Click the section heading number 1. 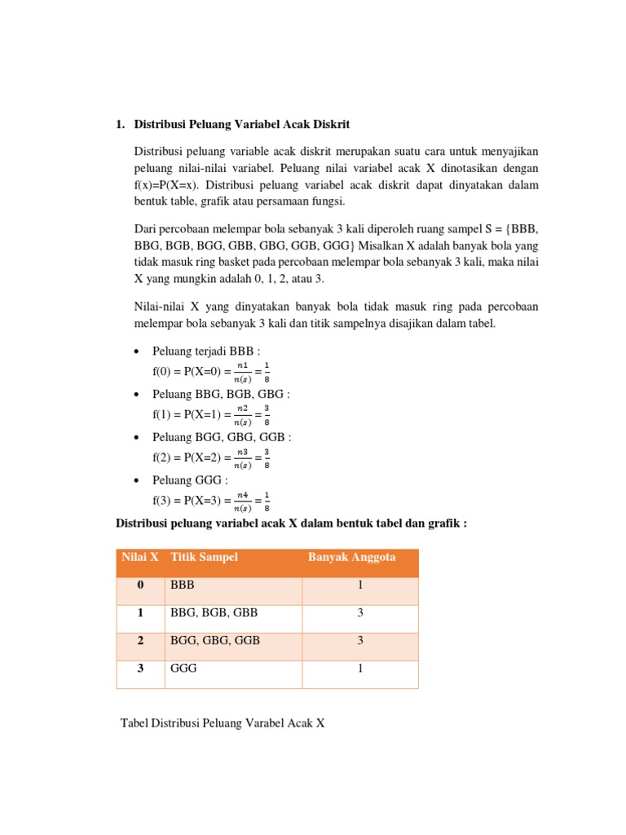click(119, 125)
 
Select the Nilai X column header click(139, 557)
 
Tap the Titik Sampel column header click(204, 557)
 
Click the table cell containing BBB click(183, 585)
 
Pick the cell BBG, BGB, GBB click(214, 613)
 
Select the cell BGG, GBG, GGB click(215, 641)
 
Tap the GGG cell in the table click(184, 669)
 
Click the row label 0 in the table click(140, 585)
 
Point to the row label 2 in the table click(140, 641)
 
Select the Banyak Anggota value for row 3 click(359, 669)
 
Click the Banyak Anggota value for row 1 click(359, 613)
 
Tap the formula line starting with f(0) click(210, 373)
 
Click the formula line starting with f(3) click(210, 500)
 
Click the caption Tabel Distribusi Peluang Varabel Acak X click(223, 722)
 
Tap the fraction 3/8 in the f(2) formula click(266, 458)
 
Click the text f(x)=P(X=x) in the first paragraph click(174, 184)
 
